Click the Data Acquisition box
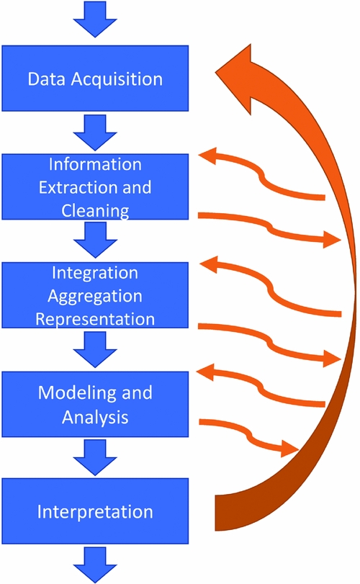pyautogui.click(x=95, y=78)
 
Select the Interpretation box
pyautogui.click(x=95, y=511)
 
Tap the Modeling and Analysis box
pyautogui.click(x=95, y=404)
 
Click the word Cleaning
pyautogui.click(x=95, y=211)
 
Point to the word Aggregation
pyautogui.click(x=95, y=297)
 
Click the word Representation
pyautogui.click(x=95, y=319)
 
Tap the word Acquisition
pyautogui.click(x=117, y=79)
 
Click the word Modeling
pyautogui.click(x=77, y=393)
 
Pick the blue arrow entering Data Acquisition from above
pyautogui.click(x=95, y=19)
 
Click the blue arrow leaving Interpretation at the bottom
pyautogui.click(x=95, y=565)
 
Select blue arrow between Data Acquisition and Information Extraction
pyautogui.click(x=95, y=132)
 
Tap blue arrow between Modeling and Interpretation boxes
pyautogui.click(x=95, y=458)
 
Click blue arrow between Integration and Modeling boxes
pyautogui.click(x=95, y=350)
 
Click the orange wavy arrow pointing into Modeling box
pyautogui.click(x=261, y=388)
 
